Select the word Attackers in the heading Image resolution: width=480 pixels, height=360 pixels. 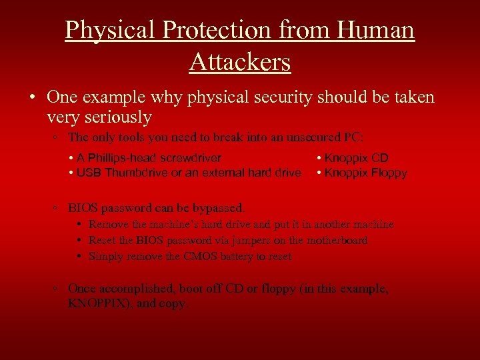(x=239, y=62)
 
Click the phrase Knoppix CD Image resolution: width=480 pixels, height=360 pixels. (x=356, y=158)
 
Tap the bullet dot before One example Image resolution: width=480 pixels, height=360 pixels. (x=33, y=97)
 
